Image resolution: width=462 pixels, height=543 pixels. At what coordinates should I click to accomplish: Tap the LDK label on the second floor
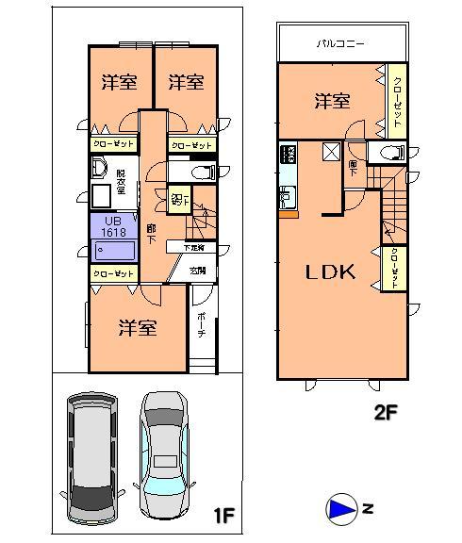click(x=329, y=272)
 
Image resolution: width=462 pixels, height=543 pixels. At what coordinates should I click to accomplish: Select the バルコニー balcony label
click(x=341, y=43)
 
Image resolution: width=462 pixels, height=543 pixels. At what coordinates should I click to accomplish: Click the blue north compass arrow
click(x=340, y=510)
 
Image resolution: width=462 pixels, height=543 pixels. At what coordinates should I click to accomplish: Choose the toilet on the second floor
click(x=387, y=154)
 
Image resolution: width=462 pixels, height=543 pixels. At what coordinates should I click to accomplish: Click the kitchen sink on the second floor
click(x=287, y=198)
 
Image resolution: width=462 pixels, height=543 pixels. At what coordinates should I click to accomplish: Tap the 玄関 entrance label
click(x=199, y=271)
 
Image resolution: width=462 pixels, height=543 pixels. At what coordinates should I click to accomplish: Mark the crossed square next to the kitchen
click(x=332, y=152)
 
